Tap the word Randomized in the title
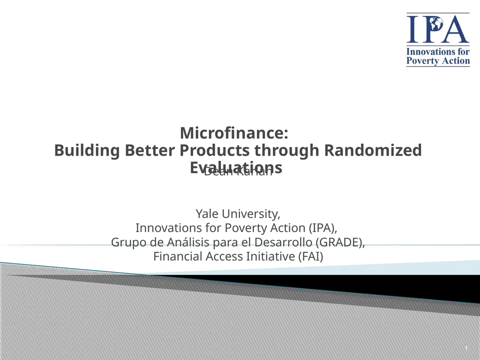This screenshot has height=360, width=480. tap(373, 151)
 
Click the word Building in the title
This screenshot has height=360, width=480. tap(87, 151)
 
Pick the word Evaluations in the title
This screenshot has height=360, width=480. tap(236, 167)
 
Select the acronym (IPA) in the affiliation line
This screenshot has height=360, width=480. tap(322, 228)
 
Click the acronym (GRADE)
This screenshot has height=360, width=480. tap(341, 242)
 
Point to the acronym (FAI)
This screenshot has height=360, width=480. tap(311, 257)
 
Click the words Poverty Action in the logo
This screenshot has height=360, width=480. tap(438, 61)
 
